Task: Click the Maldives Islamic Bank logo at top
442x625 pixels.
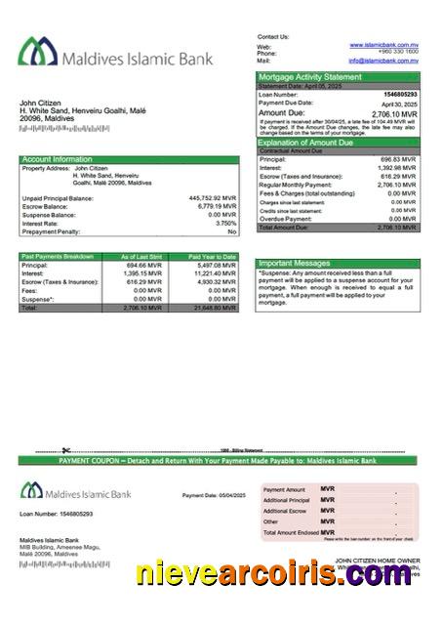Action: click(116, 55)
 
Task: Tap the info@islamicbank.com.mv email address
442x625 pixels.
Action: click(383, 61)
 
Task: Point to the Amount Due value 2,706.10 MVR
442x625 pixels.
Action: click(394, 113)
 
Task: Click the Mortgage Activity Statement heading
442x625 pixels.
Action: click(309, 76)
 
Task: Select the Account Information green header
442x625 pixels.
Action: click(58, 158)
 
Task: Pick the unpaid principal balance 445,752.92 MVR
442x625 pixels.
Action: click(212, 198)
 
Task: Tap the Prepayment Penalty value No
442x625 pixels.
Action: click(232, 231)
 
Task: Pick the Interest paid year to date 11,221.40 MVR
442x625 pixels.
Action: click(215, 273)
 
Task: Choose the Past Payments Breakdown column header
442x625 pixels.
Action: click(58, 256)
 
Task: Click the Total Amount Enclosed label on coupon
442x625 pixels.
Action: click(291, 532)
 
